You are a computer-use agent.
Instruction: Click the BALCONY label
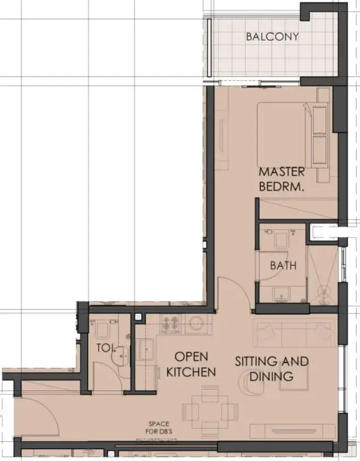click(x=272, y=37)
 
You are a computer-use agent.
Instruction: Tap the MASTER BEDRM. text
click(x=281, y=179)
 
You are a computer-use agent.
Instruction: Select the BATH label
click(x=282, y=265)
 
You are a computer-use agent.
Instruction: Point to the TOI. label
click(x=104, y=348)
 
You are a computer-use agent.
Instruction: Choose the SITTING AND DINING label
click(x=272, y=368)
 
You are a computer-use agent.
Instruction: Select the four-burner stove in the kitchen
click(x=172, y=324)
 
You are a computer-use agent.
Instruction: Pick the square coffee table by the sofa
click(x=294, y=378)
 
